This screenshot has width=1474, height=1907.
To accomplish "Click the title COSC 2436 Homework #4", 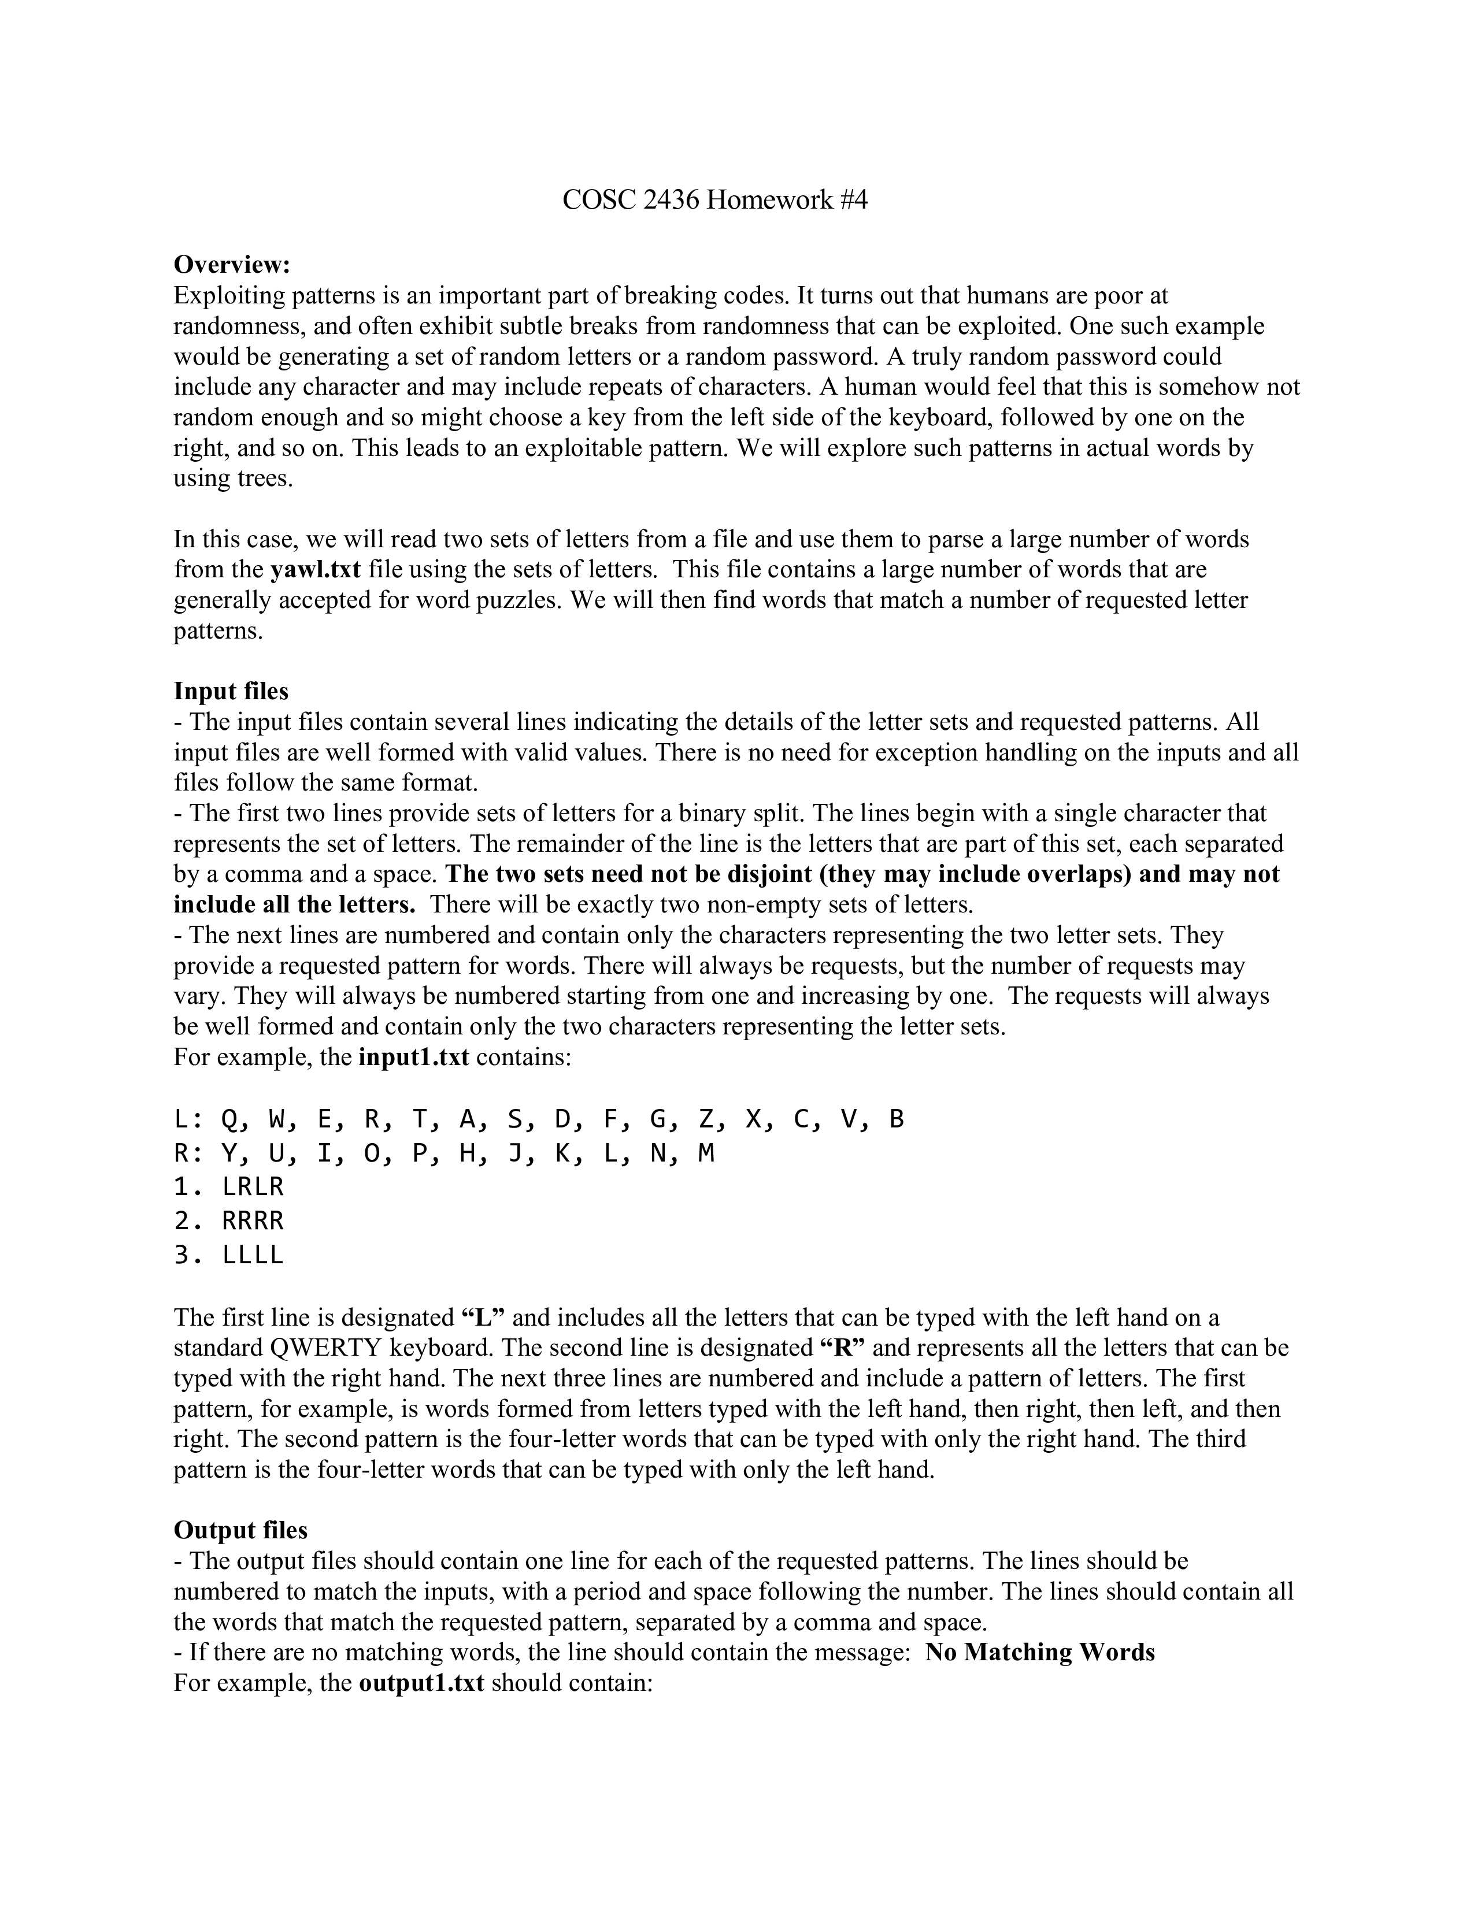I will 714,200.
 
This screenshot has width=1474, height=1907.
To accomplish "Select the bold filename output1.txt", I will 421,1683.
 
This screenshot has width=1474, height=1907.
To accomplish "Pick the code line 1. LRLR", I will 229,1186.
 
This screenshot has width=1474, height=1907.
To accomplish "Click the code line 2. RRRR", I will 229,1220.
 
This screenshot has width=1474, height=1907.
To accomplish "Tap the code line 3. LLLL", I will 229,1255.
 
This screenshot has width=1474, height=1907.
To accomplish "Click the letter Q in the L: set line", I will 231,1119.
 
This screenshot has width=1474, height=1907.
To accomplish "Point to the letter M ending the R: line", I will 706,1153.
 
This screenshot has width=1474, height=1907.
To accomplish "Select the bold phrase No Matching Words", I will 1039,1652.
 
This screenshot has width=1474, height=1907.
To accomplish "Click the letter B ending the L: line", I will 896,1119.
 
